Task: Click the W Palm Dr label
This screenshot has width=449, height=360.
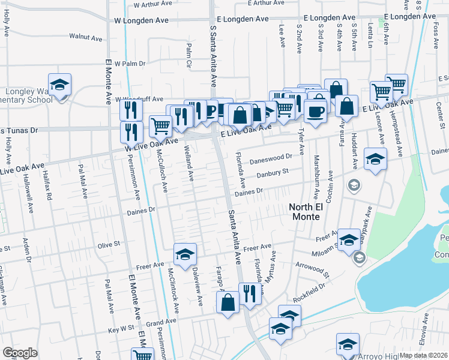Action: pyautogui.click(x=130, y=63)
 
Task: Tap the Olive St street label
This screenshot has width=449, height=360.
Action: pyautogui.click(x=109, y=245)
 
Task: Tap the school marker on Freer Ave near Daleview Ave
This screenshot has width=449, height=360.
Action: pyautogui.click(x=185, y=254)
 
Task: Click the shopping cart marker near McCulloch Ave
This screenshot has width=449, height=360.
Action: pyautogui.click(x=160, y=126)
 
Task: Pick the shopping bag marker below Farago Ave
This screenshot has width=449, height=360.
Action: pyautogui.click(x=228, y=302)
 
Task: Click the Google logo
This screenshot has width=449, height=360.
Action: pyautogui.click(x=20, y=353)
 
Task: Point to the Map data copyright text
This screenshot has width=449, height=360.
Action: pyautogui.click(x=424, y=355)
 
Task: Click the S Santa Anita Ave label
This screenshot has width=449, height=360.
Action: pyautogui.click(x=212, y=48)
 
